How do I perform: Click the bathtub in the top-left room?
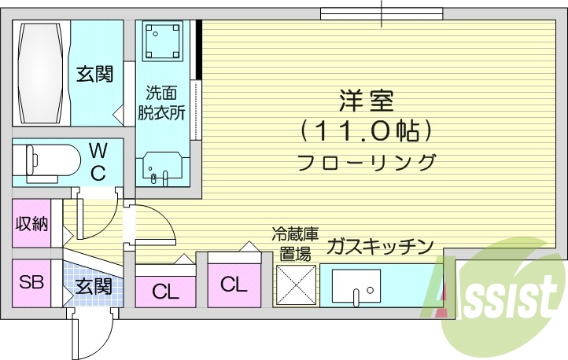42,72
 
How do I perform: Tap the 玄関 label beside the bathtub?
94,75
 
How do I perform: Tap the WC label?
98,162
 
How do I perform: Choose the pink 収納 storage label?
31,224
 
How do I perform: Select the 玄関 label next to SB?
94,287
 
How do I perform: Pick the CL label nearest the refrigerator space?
234,284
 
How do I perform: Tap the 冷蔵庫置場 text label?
295,244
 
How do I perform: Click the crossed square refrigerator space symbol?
295,285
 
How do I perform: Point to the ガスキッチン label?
380,247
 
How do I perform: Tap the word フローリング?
367,163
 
